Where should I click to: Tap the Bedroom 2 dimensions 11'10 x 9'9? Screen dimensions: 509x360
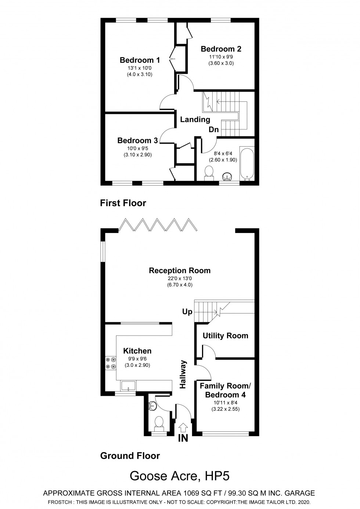click(x=221, y=57)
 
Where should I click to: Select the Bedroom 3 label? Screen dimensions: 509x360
click(x=137, y=140)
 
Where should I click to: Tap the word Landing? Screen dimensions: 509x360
click(x=195, y=119)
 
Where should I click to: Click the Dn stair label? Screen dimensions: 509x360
click(x=213, y=130)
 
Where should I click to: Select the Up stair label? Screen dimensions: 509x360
click(x=187, y=312)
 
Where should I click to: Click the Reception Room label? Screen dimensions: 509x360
click(x=180, y=270)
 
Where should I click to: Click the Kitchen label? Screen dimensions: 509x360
click(x=137, y=351)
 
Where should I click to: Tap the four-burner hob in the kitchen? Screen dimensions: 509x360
click(x=111, y=363)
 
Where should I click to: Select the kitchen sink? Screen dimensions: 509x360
click(x=128, y=386)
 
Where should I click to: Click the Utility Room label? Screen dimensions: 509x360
click(x=225, y=336)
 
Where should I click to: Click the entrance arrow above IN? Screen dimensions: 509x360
click(x=183, y=427)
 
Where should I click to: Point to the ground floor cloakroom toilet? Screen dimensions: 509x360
click(x=159, y=422)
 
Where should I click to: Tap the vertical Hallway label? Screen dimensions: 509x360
click(x=183, y=374)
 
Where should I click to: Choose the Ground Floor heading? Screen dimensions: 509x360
click(x=130, y=456)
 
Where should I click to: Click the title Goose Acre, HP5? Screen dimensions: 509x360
click(x=180, y=476)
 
